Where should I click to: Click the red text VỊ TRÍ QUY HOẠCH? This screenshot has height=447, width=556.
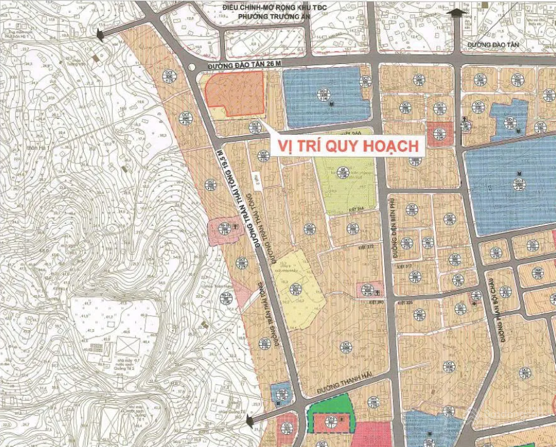[349, 146]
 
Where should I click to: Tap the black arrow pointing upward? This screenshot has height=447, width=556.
[454, 14]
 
